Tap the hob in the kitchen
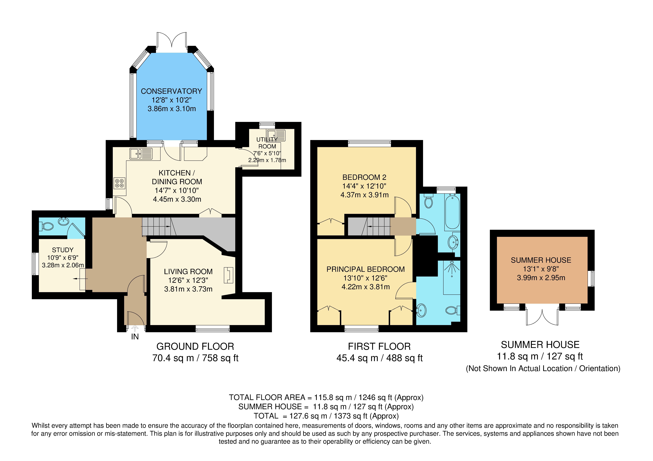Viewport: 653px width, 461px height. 119,183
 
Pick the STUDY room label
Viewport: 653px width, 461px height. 63,250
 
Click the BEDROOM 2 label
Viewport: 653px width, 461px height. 364,177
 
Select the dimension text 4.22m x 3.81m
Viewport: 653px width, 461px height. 365,287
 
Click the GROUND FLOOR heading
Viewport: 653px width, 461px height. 195,346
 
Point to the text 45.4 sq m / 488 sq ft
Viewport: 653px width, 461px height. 379,358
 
